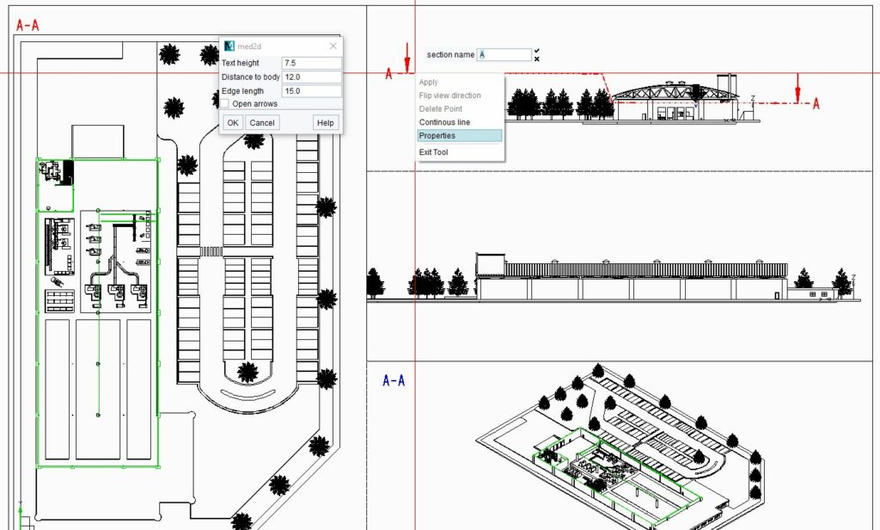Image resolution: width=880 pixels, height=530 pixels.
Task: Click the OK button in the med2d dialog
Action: click(x=233, y=122)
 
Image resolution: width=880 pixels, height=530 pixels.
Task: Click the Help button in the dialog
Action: click(x=326, y=122)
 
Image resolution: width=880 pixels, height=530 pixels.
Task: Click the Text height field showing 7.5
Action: click(x=311, y=63)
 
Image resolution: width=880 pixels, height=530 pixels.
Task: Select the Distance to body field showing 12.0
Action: click(x=311, y=77)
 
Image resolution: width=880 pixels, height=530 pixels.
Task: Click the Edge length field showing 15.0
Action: click(x=311, y=90)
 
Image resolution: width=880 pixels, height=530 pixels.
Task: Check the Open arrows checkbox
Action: click(x=224, y=103)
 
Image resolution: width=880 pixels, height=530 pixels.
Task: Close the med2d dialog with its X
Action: click(x=333, y=46)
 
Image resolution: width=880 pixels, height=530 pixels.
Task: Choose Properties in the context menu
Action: click(x=437, y=135)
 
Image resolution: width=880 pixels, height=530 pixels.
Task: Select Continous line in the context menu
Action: click(x=444, y=122)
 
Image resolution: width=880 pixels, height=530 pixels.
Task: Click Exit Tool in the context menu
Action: click(x=433, y=151)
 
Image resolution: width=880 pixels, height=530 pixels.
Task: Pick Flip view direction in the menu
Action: click(x=450, y=96)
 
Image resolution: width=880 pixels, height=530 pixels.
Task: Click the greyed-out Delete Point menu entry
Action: click(x=441, y=108)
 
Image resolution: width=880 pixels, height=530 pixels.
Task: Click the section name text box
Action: click(x=504, y=54)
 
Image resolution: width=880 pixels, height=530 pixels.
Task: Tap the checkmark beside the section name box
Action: click(x=537, y=51)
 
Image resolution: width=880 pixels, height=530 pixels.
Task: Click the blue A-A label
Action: click(x=394, y=380)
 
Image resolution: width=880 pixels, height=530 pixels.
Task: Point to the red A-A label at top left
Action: click(x=27, y=25)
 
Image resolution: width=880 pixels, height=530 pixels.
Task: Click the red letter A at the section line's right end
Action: click(x=816, y=103)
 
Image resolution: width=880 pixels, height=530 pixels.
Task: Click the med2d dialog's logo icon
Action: click(x=229, y=46)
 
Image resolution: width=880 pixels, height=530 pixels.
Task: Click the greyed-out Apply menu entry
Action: click(x=428, y=82)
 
